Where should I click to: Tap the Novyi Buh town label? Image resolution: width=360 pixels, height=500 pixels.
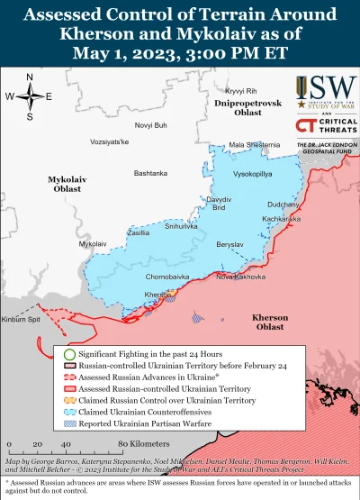pos(151,124)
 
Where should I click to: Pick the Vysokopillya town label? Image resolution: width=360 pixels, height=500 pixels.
pos(255,172)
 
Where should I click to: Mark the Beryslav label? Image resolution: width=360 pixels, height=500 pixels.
pos(230,244)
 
